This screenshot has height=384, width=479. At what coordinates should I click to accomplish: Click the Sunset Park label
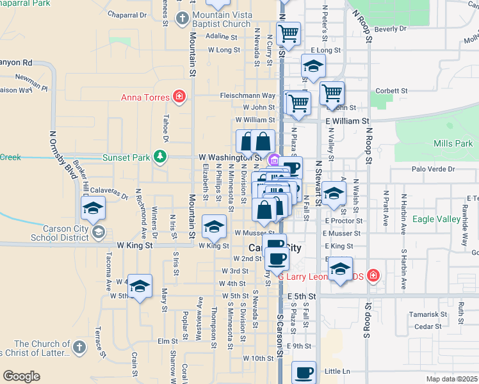click(129, 156)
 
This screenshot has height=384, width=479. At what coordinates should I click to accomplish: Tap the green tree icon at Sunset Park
click(160, 156)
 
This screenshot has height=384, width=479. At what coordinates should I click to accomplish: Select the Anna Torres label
click(145, 98)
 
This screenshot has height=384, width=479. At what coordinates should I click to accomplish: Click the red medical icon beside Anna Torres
click(180, 97)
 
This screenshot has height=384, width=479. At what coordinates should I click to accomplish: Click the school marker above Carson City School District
click(93, 207)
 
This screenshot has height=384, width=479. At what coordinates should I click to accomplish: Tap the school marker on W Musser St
click(214, 225)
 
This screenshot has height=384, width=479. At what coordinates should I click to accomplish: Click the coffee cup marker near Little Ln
click(304, 372)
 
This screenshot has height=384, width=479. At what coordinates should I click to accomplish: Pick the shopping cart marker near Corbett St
click(332, 93)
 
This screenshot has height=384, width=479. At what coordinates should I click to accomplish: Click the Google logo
click(22, 376)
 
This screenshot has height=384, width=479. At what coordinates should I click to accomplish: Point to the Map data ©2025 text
click(451, 379)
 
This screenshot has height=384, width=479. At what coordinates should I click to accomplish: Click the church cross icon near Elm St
click(79, 348)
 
